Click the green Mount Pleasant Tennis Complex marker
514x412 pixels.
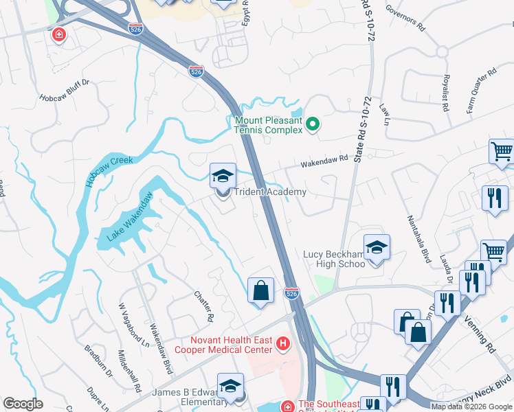(313, 124)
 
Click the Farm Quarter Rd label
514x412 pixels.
(481, 82)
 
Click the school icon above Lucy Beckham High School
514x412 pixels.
(377, 247)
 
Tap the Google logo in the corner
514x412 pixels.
(23, 404)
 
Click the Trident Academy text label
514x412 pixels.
(270, 192)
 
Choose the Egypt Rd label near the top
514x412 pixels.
(245, 14)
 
